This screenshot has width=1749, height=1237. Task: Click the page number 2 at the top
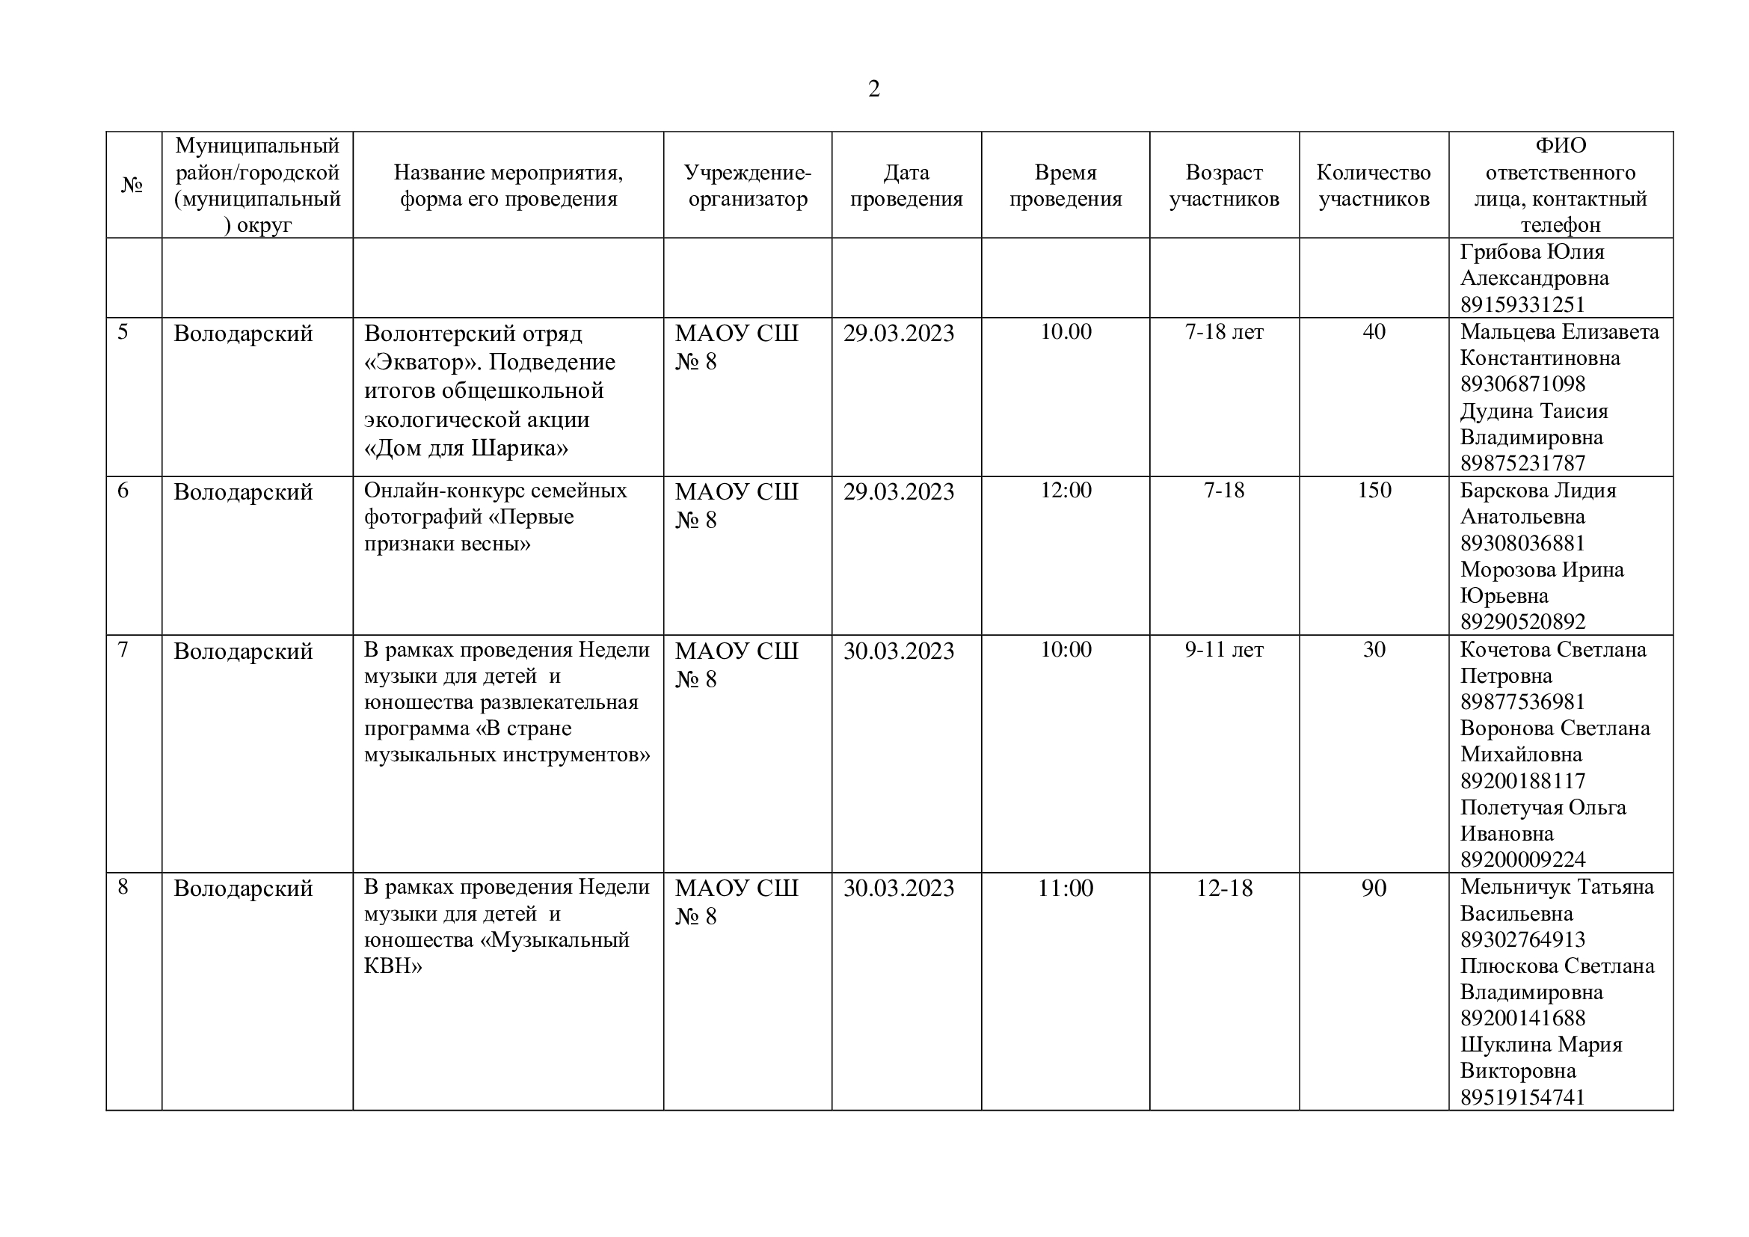point(873,89)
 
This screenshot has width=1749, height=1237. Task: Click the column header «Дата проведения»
point(906,185)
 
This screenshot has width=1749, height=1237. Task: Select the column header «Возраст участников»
point(1223,185)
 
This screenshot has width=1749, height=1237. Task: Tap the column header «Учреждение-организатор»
point(747,185)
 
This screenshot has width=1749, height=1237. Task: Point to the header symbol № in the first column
point(132,185)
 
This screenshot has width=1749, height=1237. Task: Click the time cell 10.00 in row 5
point(1066,332)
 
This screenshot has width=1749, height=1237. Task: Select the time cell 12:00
point(1066,491)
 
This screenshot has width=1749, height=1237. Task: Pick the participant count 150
point(1374,491)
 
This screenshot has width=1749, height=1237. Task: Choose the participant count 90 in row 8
point(1374,888)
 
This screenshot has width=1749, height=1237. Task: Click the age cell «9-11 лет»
point(1223,650)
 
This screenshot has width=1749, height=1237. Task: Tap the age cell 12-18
point(1223,888)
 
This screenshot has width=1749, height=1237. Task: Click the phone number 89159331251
point(1522,304)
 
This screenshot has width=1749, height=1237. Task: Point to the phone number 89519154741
point(1522,1098)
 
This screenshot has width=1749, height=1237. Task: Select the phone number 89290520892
point(1522,622)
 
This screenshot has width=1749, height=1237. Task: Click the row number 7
point(123,650)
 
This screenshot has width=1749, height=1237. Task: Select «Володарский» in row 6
point(243,492)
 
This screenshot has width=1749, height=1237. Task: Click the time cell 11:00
point(1066,888)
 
